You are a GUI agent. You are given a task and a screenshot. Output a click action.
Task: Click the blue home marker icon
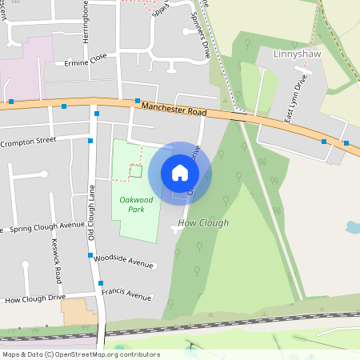(x=180, y=172)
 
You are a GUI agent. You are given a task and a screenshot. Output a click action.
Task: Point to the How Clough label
(x=203, y=223)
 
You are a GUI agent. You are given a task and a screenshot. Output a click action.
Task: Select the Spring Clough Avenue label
(x=45, y=226)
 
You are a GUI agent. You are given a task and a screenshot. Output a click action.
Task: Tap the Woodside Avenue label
(x=123, y=262)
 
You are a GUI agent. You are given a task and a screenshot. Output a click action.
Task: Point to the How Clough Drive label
(x=35, y=299)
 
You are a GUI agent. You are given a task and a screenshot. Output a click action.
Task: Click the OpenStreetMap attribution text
(x=81, y=354)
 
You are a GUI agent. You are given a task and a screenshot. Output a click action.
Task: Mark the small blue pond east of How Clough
(x=352, y=227)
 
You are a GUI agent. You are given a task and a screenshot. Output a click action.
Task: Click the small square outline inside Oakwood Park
(x=135, y=170)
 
